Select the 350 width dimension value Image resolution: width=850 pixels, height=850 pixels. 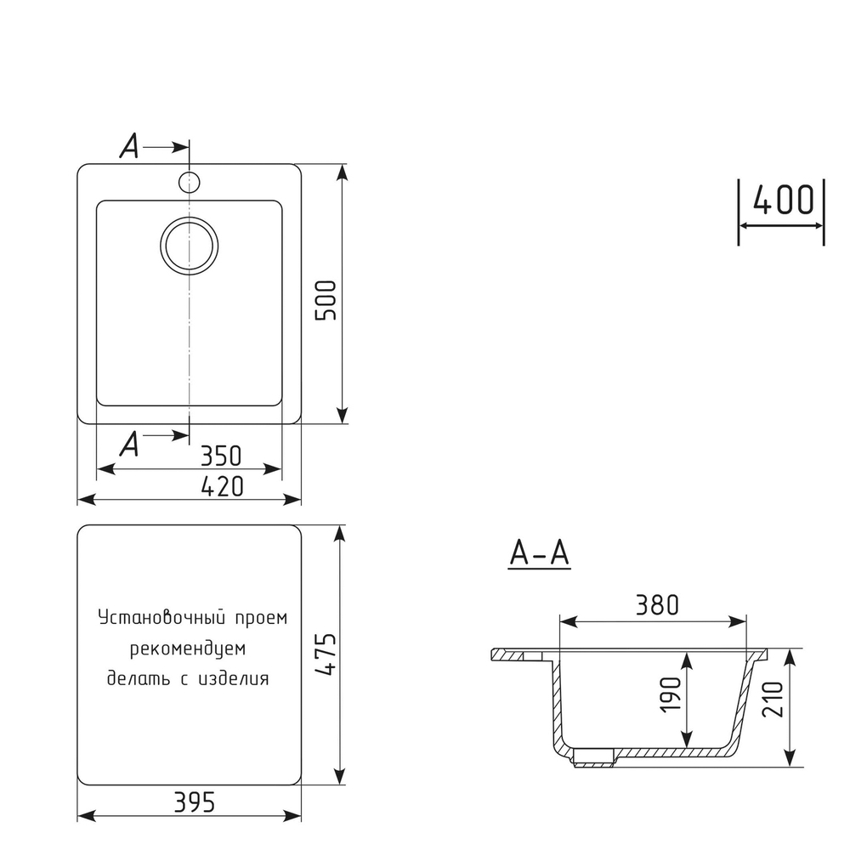coord(221,456)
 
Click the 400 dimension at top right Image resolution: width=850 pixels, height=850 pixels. coord(783,201)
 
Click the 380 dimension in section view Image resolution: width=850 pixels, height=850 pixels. coord(656,605)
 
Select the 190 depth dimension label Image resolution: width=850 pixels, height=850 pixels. coord(671,697)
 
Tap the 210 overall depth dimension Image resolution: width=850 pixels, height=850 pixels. coord(773,699)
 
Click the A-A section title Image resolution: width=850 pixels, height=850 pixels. coord(539,553)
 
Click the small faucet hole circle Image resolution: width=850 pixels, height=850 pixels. coord(189,181)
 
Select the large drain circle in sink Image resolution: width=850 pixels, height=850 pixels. coord(189,246)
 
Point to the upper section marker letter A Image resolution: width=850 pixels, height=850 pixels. coord(129,147)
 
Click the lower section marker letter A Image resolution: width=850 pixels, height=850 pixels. coord(129,443)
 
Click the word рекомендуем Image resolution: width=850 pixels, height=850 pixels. coord(188,649)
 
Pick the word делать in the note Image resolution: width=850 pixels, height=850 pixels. coord(134,678)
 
